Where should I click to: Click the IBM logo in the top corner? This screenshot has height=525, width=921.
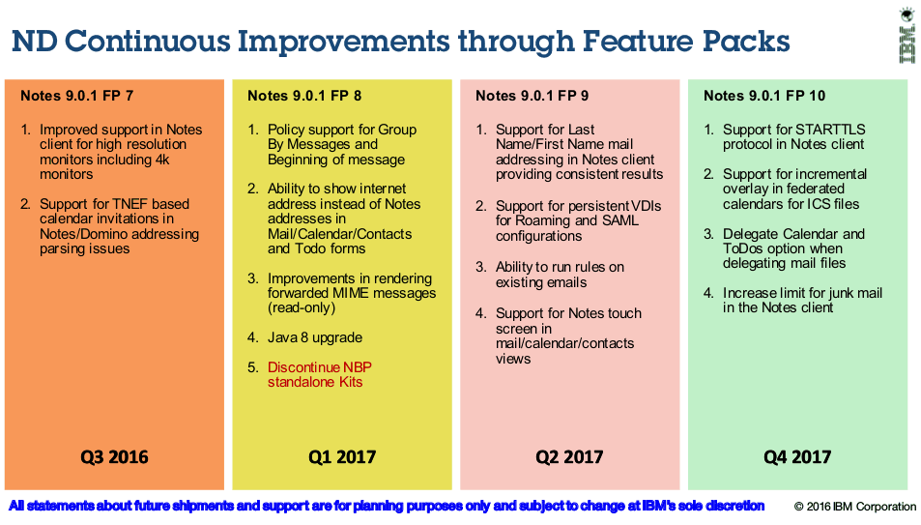pyautogui.click(x=907, y=37)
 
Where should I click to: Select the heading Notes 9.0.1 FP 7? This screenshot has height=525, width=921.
pyautogui.click(x=77, y=96)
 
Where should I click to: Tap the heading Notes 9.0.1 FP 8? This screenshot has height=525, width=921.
pyautogui.click(x=304, y=96)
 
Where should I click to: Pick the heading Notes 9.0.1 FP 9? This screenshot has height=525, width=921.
pyautogui.click(x=532, y=96)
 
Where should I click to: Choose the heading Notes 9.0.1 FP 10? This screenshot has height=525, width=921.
pyautogui.click(x=764, y=96)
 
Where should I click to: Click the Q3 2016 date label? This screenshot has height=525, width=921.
pyautogui.click(x=115, y=456)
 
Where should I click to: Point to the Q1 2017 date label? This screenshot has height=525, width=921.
pyautogui.click(x=342, y=456)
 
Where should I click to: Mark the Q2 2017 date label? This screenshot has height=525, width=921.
pyautogui.click(x=569, y=456)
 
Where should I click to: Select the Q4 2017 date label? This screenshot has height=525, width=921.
pyautogui.click(x=797, y=456)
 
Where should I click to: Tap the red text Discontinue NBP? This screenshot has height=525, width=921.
pyautogui.click(x=320, y=367)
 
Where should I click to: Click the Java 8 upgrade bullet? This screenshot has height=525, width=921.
pyautogui.click(x=315, y=337)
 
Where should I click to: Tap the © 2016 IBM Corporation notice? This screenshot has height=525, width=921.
pyautogui.click(x=854, y=507)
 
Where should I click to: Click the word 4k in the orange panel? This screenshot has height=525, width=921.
pyautogui.click(x=162, y=160)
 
